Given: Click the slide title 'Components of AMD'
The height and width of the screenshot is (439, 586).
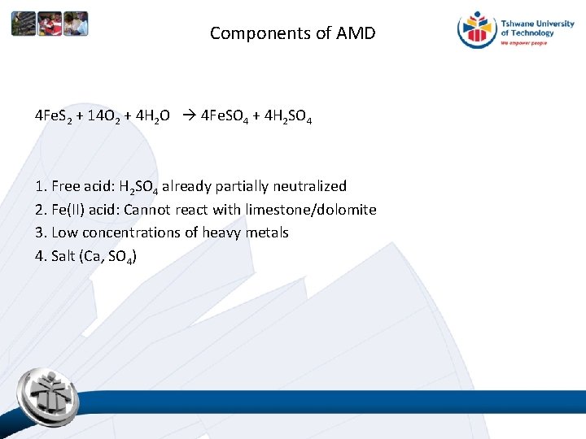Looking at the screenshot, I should (x=293, y=33).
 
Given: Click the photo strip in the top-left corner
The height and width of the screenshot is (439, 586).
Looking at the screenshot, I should (x=49, y=24).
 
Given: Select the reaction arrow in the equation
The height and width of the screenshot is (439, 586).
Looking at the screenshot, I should (x=184, y=115).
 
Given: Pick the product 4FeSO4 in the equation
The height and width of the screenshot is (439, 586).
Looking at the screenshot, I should (x=225, y=116).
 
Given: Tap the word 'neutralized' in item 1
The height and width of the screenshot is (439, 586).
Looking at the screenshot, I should (x=308, y=186).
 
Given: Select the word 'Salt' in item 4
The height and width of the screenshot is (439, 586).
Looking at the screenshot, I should (x=63, y=256).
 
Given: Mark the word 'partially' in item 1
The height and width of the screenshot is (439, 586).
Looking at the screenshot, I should (x=243, y=186).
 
